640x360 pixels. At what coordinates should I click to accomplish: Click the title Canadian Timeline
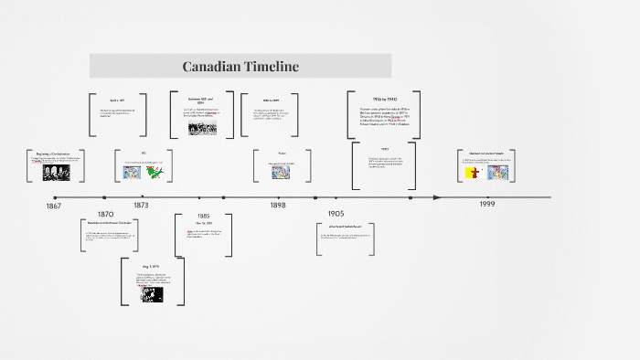[x=240, y=67]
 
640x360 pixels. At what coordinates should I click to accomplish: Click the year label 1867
[x=54, y=206]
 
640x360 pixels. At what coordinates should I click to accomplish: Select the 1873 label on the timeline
[x=140, y=206]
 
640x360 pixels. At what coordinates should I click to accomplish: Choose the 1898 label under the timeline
[x=278, y=206]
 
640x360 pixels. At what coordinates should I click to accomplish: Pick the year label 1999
[x=487, y=204]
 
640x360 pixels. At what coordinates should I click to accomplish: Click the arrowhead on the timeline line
[x=437, y=197]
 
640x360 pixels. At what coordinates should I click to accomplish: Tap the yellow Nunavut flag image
[x=473, y=172]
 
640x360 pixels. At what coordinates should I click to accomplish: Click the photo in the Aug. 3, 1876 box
[x=149, y=294]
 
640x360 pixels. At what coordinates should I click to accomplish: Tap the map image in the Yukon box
[x=281, y=170]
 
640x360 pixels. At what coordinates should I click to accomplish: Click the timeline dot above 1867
[x=55, y=197]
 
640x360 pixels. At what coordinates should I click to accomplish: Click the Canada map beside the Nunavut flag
[x=496, y=172]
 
